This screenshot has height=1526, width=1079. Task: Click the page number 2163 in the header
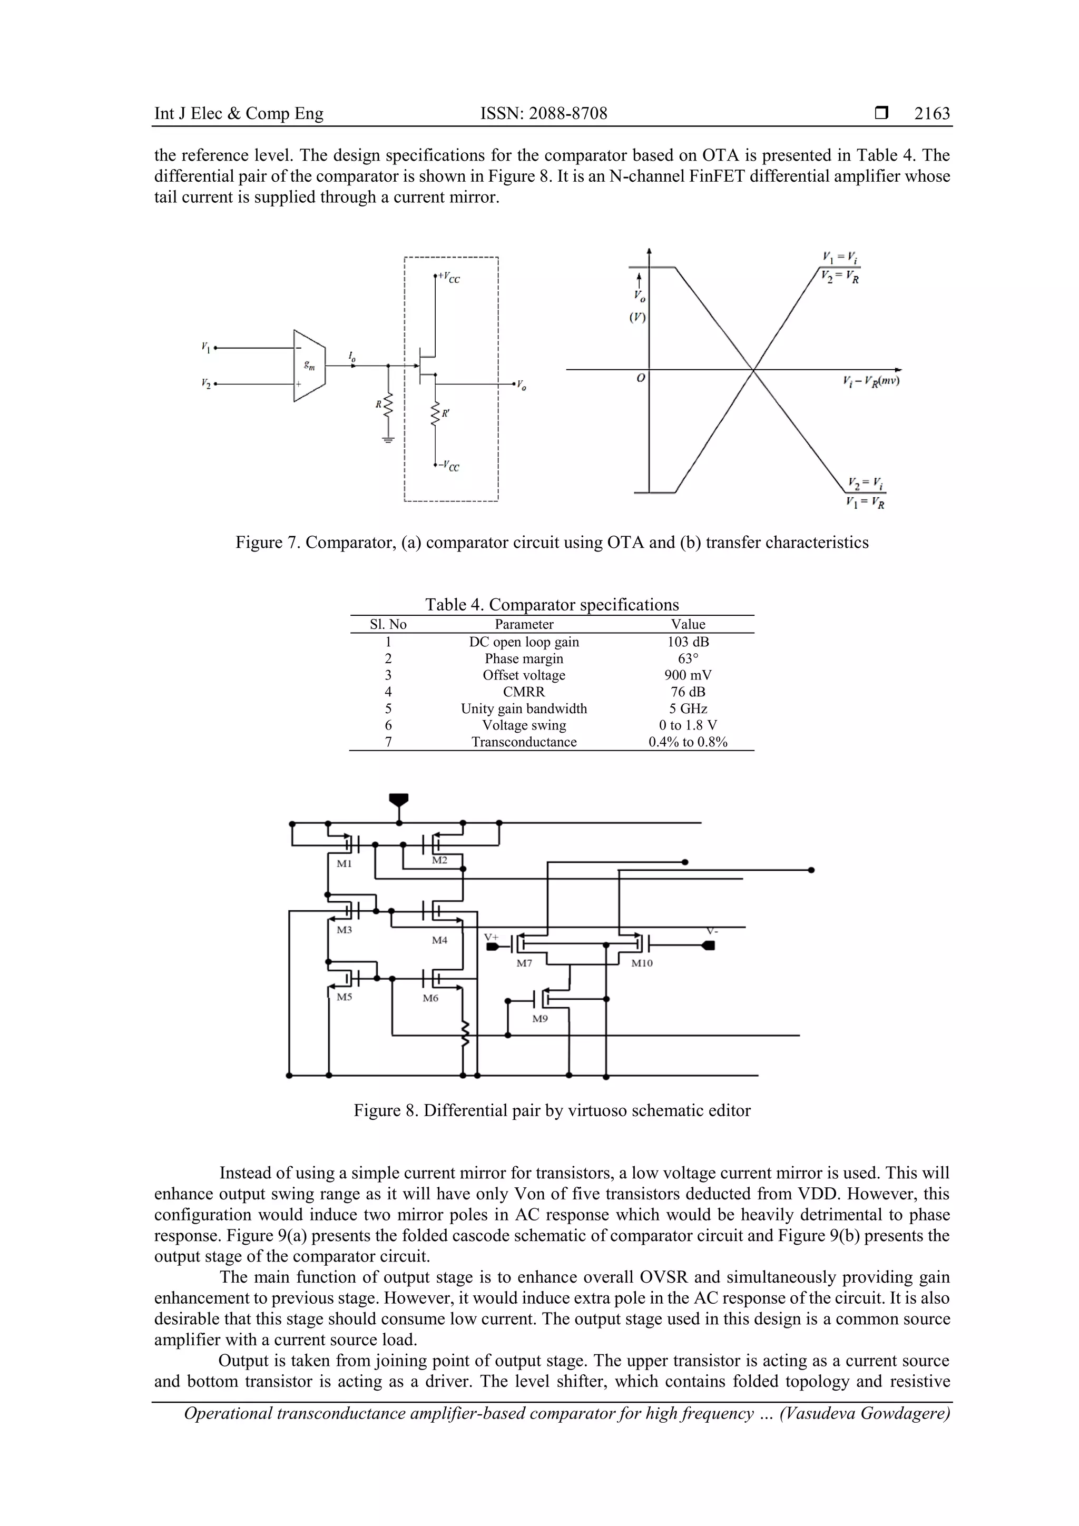pos(931,114)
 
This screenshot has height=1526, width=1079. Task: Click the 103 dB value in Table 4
pos(688,642)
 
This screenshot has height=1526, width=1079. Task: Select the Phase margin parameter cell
pos(523,658)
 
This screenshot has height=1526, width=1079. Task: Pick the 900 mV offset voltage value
pos(688,675)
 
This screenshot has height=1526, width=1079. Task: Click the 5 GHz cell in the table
pos(688,708)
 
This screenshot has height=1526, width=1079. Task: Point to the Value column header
pos(688,624)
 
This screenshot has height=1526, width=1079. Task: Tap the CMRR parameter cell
pos(523,692)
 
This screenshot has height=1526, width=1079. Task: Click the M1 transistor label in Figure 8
pos(344,864)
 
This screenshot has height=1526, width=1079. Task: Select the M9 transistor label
pos(540,1019)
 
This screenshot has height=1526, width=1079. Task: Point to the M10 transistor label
pos(642,963)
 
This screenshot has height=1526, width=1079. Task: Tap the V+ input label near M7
pos(492,937)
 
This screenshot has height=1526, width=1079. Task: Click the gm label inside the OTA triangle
pos(309,365)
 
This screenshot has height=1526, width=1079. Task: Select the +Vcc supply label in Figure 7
pos(449,277)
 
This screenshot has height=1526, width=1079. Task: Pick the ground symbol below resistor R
pos(388,439)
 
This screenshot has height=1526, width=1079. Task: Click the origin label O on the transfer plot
pos(640,378)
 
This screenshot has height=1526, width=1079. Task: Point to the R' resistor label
pos(445,414)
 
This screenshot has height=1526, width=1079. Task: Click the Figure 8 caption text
pos(552,1110)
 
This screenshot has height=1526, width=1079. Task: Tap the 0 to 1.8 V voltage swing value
pos(688,725)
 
